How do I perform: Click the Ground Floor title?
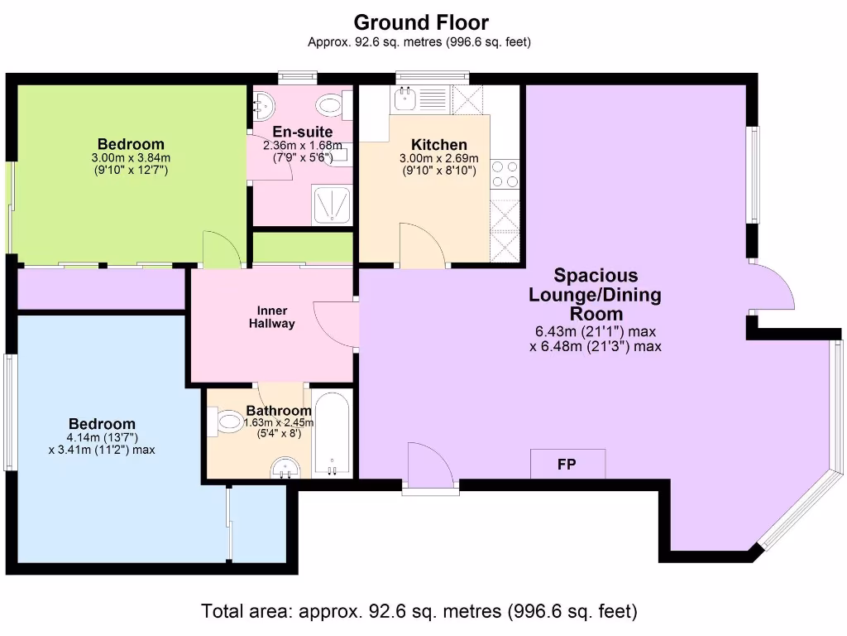(x=421, y=22)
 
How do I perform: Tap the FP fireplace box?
(x=567, y=464)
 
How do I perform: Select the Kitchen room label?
(x=439, y=144)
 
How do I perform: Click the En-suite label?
(x=303, y=132)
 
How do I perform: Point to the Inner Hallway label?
(x=271, y=317)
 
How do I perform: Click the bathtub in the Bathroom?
(x=333, y=435)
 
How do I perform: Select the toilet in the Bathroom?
(x=226, y=422)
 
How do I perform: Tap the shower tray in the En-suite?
(x=332, y=205)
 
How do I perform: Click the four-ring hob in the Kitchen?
(x=505, y=174)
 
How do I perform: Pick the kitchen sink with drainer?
(x=420, y=99)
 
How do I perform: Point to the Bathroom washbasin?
(x=285, y=469)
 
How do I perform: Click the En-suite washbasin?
(x=264, y=106)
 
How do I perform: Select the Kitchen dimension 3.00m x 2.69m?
(x=438, y=158)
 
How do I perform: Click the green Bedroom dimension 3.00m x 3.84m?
(x=131, y=158)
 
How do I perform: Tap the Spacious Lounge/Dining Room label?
(x=596, y=295)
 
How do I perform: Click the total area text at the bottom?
(x=419, y=611)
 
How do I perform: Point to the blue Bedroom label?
(x=102, y=424)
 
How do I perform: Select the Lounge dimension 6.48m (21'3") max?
(x=596, y=347)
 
